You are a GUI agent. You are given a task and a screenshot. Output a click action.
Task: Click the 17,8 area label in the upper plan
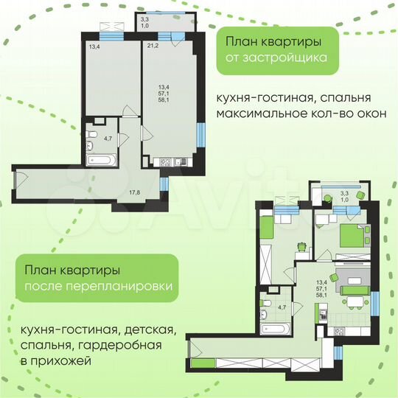coord(134,193)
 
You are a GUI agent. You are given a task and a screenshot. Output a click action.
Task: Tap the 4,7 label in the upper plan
coord(107,138)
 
